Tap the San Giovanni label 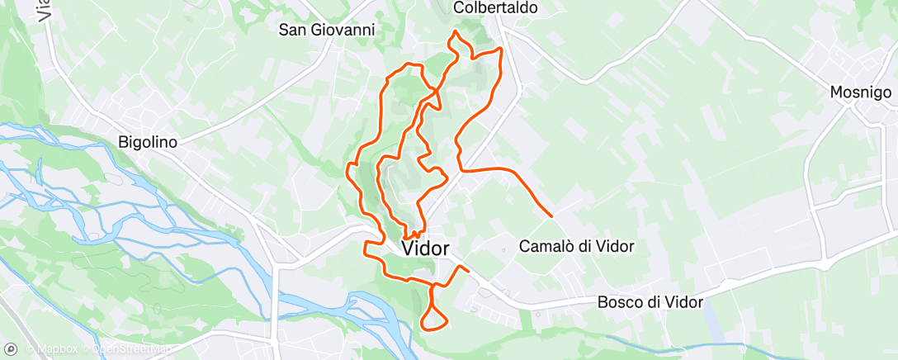(x=327, y=30)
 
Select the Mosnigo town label (x=861, y=93)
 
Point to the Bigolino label (x=148, y=142)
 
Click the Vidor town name (x=425, y=248)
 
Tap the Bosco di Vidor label (x=650, y=302)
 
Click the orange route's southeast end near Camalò (x=551, y=216)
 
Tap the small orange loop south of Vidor (x=434, y=318)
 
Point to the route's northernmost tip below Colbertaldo (x=454, y=31)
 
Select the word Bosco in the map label (x=617, y=302)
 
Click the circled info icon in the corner (x=11, y=348)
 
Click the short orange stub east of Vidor (x=462, y=268)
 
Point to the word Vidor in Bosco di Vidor (x=684, y=302)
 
